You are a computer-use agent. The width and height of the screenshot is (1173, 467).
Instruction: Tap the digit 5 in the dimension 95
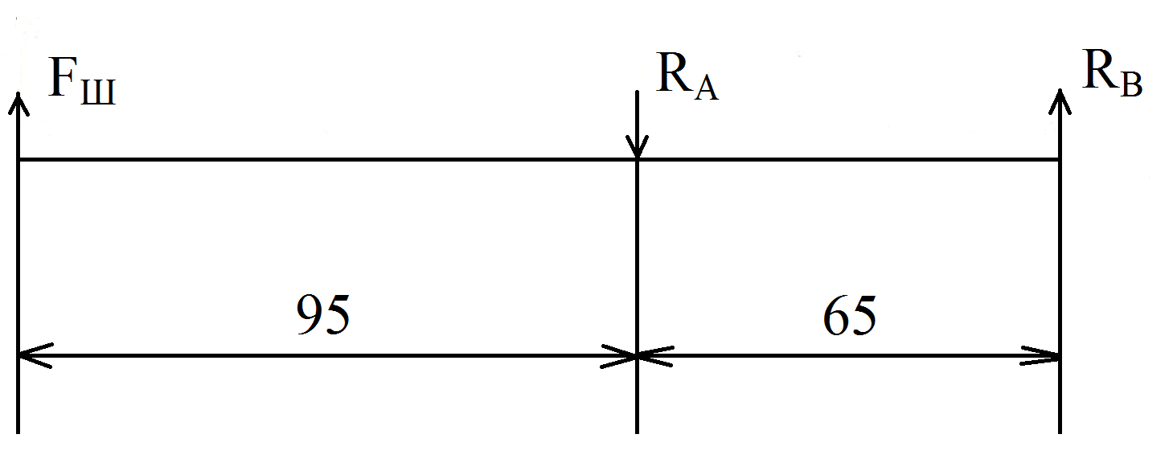click(337, 314)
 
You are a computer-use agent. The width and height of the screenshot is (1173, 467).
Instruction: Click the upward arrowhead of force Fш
click(18, 102)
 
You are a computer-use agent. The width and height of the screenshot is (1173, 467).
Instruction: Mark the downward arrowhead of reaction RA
click(638, 149)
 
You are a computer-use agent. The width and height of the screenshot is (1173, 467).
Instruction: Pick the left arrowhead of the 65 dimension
click(652, 354)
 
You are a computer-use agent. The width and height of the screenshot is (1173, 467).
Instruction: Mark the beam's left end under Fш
click(18, 159)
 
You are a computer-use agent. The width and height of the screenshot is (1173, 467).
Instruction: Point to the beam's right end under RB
click(1060, 159)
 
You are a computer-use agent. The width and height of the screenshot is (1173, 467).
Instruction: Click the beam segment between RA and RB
click(849, 159)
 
